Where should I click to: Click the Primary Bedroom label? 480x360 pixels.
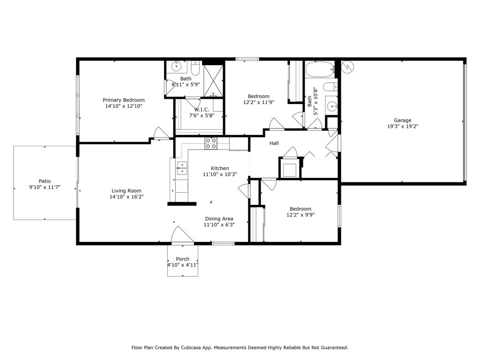pos(123,100)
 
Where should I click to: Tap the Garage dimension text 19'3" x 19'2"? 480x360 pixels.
pos(403,126)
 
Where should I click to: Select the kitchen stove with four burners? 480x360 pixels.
pos(211,143)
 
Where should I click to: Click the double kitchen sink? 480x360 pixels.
pos(182,168)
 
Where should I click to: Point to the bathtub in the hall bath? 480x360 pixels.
pos(320,70)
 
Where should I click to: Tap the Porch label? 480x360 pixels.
pos(182,259)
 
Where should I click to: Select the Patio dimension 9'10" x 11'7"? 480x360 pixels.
pos(45,187)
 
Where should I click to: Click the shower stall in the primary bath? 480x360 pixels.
pos(213,81)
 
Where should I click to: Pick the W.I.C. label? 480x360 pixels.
pos(202,110)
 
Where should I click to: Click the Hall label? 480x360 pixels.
pos(274,143)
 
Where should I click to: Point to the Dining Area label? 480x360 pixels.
pos(219,218)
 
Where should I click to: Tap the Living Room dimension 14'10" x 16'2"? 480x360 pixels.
pos(127,197)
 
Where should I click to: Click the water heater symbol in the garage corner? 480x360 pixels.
pos(348,67)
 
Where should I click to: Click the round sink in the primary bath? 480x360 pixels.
pos(177,66)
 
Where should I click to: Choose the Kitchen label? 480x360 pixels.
pos(220,168)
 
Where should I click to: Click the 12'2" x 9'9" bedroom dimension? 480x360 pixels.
pos(300,215)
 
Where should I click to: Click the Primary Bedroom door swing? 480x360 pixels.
pos(161,133)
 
